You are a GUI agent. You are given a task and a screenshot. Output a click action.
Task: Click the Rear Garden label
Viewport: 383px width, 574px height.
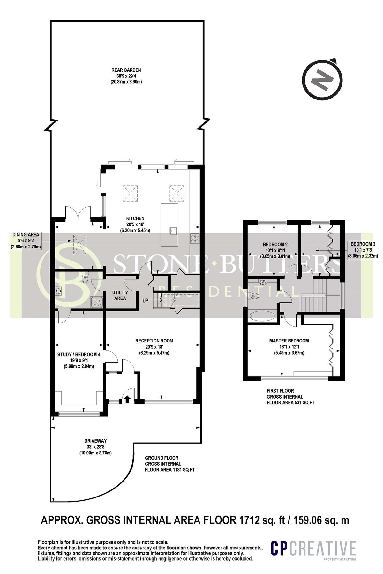point(126,76)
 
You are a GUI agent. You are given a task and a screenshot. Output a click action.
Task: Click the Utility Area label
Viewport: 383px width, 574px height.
point(120,295)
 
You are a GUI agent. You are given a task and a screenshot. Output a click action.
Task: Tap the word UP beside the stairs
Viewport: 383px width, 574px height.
point(146,300)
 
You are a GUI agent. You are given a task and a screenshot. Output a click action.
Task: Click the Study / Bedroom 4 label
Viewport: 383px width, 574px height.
point(79,360)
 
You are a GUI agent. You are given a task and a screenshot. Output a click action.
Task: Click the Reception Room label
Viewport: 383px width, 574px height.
point(154,347)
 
